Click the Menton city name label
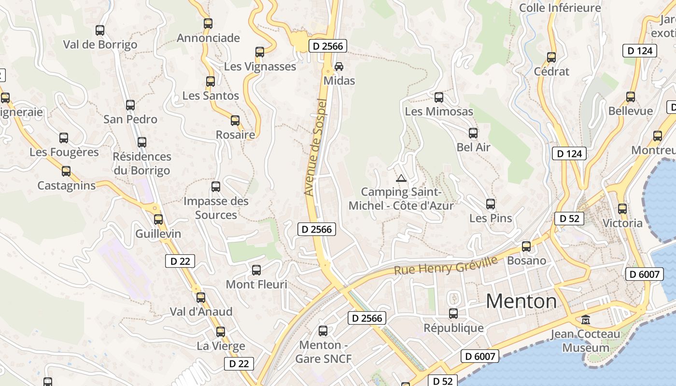(x=521, y=302)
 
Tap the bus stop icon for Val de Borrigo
(x=100, y=30)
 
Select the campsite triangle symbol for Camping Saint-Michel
(x=401, y=178)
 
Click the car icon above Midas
(x=339, y=66)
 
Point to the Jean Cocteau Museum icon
(x=586, y=319)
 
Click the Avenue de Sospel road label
(x=316, y=147)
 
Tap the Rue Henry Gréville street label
(x=446, y=265)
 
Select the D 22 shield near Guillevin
(x=180, y=261)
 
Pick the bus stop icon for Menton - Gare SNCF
(x=323, y=331)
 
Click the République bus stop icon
(x=453, y=314)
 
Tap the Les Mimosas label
(x=439, y=111)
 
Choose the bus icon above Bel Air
(x=473, y=133)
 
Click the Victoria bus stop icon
(x=622, y=209)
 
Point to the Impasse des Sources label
(x=216, y=208)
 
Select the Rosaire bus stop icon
(x=235, y=121)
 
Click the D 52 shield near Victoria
(x=569, y=218)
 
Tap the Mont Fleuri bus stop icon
(x=256, y=270)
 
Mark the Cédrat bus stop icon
(x=551, y=57)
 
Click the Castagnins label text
(x=67, y=186)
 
